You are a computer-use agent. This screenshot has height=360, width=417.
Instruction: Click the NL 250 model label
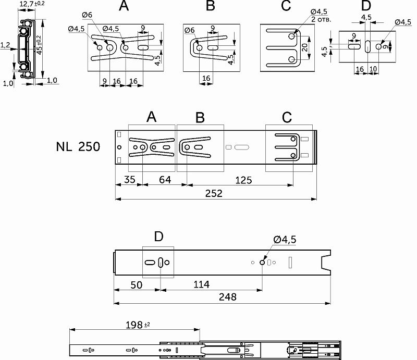tap(78, 146)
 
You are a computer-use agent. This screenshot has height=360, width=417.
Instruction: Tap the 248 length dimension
tap(227, 297)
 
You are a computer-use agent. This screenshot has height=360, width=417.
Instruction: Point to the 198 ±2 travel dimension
tap(137, 325)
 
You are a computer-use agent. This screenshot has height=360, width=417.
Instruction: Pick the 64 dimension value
tap(165, 180)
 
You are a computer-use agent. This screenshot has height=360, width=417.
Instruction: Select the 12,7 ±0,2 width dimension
tap(32, 5)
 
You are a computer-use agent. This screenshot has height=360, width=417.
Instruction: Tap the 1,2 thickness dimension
tap(5, 46)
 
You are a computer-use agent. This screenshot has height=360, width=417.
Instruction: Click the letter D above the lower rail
tap(158, 237)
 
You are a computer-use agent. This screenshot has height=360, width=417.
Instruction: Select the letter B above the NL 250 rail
tap(200, 117)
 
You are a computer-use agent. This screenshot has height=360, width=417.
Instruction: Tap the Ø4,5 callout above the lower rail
tap(285, 239)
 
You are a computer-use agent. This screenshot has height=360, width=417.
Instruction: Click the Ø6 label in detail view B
tap(190, 31)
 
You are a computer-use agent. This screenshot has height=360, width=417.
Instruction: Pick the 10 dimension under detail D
tap(373, 69)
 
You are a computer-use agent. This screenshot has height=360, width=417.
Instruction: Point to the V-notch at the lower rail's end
tap(326, 260)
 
